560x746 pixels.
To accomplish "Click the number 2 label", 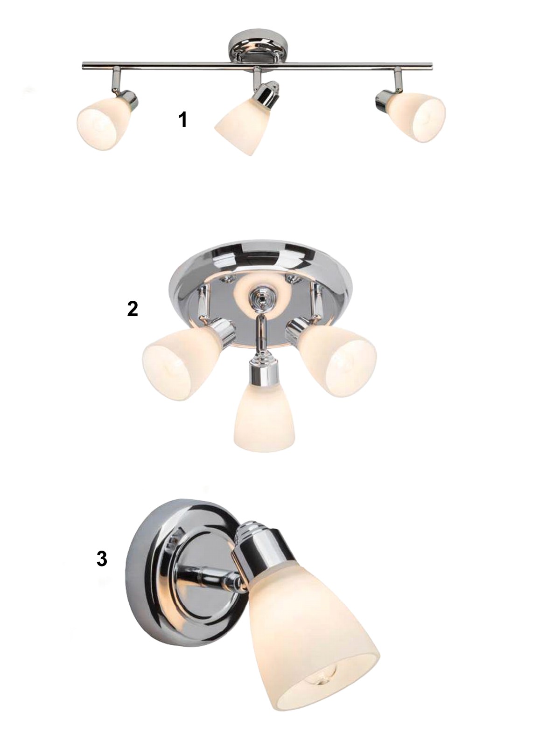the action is pos(133,309).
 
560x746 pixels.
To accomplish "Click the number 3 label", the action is pos(102,559).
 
